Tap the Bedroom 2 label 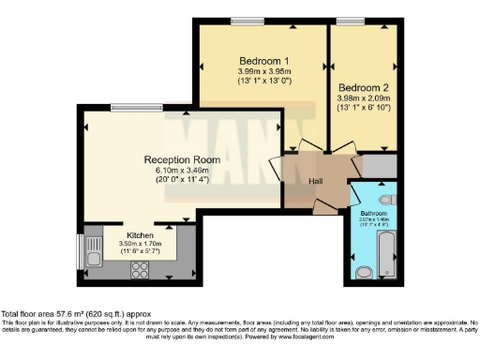point(363,82)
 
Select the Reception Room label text point(182,159)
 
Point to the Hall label point(317,183)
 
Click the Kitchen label point(141,234)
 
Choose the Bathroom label point(376,214)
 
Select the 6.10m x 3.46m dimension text point(182,171)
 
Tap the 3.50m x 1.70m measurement point(141,244)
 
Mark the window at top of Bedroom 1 point(247,21)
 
